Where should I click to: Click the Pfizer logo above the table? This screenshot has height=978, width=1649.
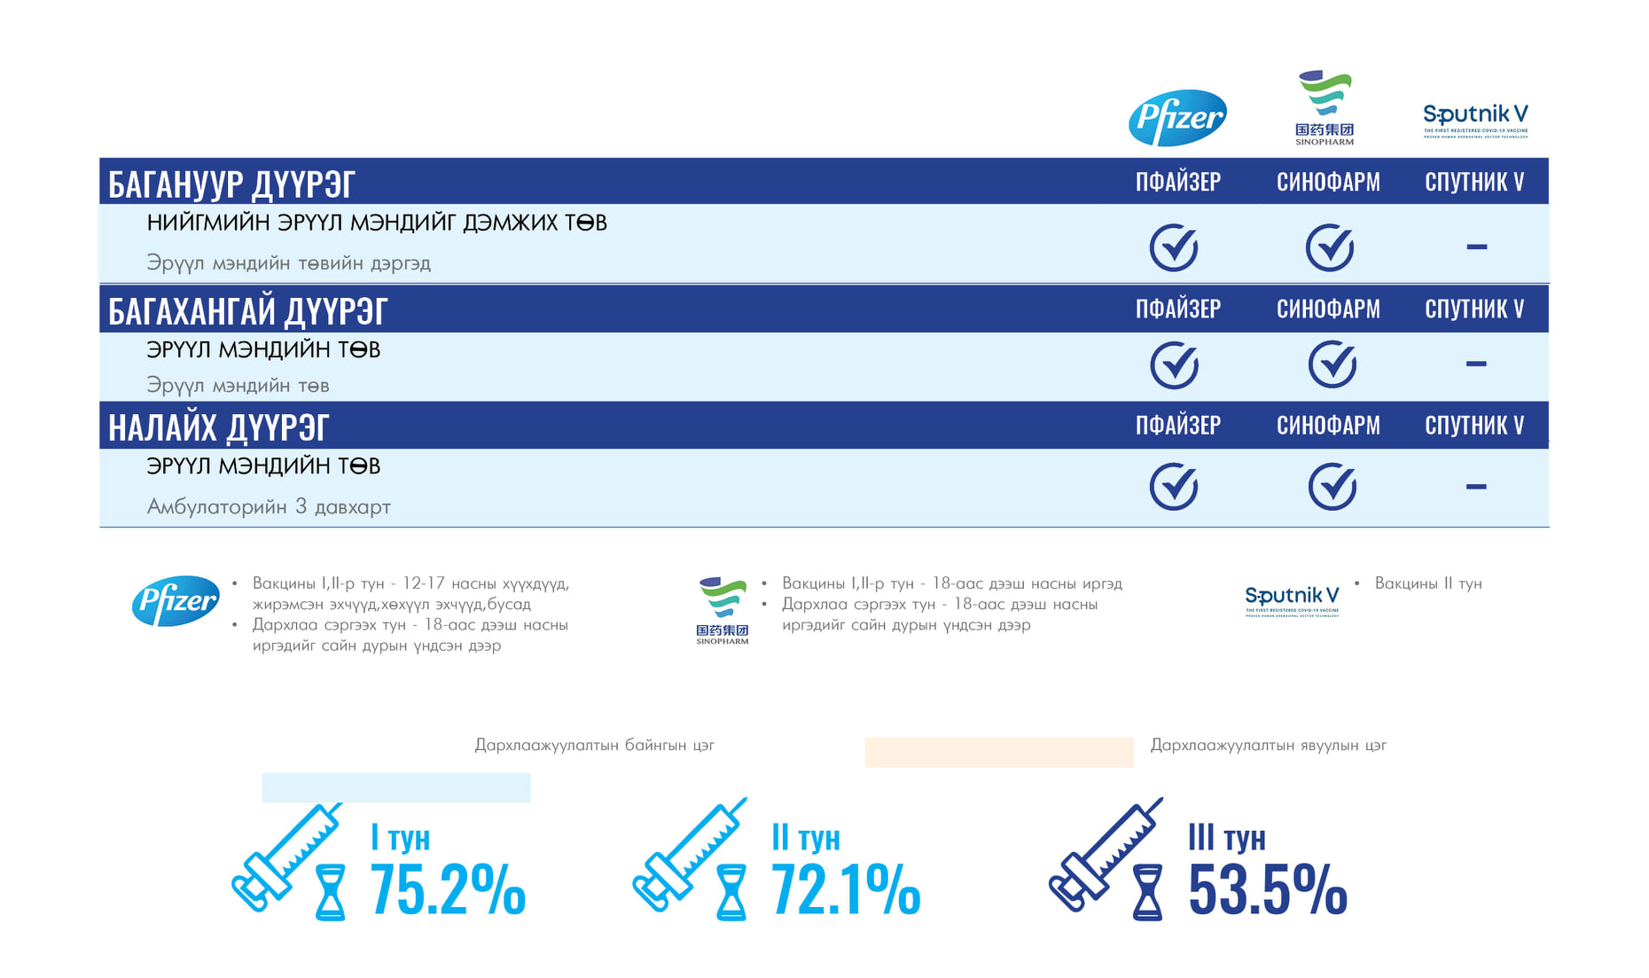coord(1177,117)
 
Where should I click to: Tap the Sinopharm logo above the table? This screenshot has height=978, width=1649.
coord(1325,107)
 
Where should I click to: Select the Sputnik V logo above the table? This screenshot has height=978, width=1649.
coord(1475,119)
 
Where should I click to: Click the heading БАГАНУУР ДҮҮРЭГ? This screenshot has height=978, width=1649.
coord(231,184)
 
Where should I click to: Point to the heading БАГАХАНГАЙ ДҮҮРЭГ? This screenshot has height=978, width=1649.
coord(247,310)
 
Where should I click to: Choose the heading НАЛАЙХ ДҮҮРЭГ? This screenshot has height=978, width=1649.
coord(218,426)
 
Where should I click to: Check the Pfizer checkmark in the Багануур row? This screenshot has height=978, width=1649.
coord(1174,246)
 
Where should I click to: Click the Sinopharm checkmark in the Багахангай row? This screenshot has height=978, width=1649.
coord(1332,364)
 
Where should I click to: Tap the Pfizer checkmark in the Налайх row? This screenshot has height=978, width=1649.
coord(1174,486)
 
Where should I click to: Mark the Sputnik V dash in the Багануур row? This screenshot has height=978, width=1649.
coord(1476,246)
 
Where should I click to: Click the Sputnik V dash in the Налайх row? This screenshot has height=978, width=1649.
coord(1476,486)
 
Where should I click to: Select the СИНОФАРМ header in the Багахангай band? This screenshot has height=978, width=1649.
coord(1328,309)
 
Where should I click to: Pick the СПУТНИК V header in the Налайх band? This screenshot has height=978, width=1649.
coord(1474,426)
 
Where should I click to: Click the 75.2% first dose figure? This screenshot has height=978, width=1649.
coord(448,889)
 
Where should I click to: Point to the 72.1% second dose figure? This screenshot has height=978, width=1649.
coord(846,889)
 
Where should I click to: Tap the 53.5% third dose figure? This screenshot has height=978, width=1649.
coord(1268,889)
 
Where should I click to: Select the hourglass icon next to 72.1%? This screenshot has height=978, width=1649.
coord(731,892)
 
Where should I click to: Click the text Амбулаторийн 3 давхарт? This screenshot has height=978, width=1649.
coord(269,506)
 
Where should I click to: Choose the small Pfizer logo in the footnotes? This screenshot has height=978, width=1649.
coord(176,600)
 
